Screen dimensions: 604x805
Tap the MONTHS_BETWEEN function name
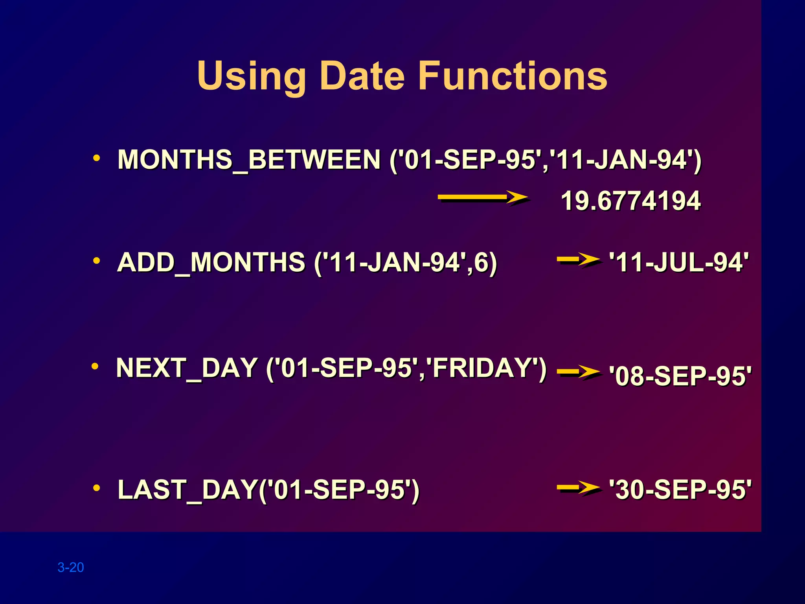pos(249,160)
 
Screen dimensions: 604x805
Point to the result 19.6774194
pos(630,201)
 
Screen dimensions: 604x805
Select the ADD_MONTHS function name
pos(211,262)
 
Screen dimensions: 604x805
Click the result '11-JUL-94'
pos(679,262)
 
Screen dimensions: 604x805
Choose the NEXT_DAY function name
pos(187,368)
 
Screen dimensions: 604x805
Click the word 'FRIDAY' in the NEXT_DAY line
pos(486,368)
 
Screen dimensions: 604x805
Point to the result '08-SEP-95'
pos(680,376)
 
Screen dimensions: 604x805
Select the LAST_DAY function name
pos(187,490)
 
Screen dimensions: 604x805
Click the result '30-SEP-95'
pos(680,490)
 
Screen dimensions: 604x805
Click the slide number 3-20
pos(71,567)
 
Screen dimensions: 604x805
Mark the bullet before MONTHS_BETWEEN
pos(96,158)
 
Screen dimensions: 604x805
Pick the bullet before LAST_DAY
pos(96,488)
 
